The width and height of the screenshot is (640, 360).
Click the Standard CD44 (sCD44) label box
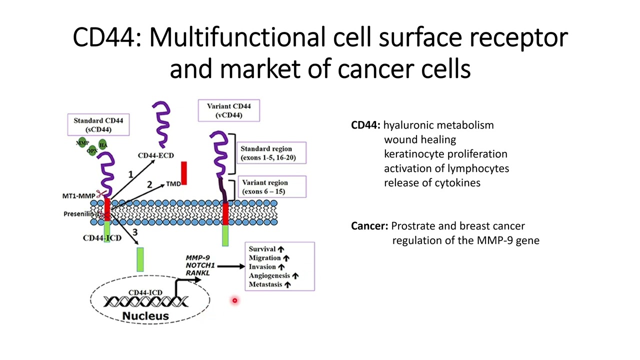[x=98, y=125]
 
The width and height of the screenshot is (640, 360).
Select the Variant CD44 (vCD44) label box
[x=228, y=110]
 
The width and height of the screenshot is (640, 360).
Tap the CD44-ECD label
[x=155, y=155]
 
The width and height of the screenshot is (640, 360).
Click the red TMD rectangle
[x=183, y=173]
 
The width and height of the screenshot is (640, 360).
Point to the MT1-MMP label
[x=78, y=196]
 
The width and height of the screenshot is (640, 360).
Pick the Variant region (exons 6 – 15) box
[x=270, y=186]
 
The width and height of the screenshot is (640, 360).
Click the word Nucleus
[x=145, y=316]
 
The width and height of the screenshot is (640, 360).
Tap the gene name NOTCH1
[x=199, y=265]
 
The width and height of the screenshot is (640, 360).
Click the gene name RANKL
[x=197, y=273]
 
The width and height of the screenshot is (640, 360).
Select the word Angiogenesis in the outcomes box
[x=269, y=275]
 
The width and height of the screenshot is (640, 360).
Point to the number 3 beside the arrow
[x=135, y=232]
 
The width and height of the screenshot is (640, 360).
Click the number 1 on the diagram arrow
[x=130, y=174]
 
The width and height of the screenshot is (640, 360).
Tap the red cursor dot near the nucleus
[x=234, y=300]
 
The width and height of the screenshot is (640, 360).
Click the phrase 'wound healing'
[x=419, y=139]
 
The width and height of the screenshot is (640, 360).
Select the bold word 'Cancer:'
[x=369, y=226]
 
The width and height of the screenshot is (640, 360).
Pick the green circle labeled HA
[x=102, y=145]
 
